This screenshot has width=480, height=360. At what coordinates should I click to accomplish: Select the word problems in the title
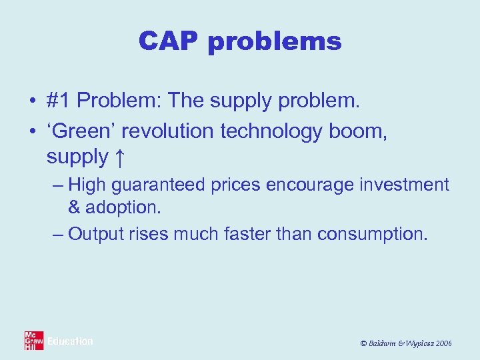coord(275,43)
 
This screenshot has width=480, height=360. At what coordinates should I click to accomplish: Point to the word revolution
coord(166,132)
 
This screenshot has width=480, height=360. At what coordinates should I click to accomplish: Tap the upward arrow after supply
coord(119,157)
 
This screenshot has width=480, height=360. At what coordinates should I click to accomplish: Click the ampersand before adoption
coord(74,207)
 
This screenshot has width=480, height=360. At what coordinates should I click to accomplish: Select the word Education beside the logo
coord(70,341)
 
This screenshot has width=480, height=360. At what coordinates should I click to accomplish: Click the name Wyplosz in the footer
coord(416,343)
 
